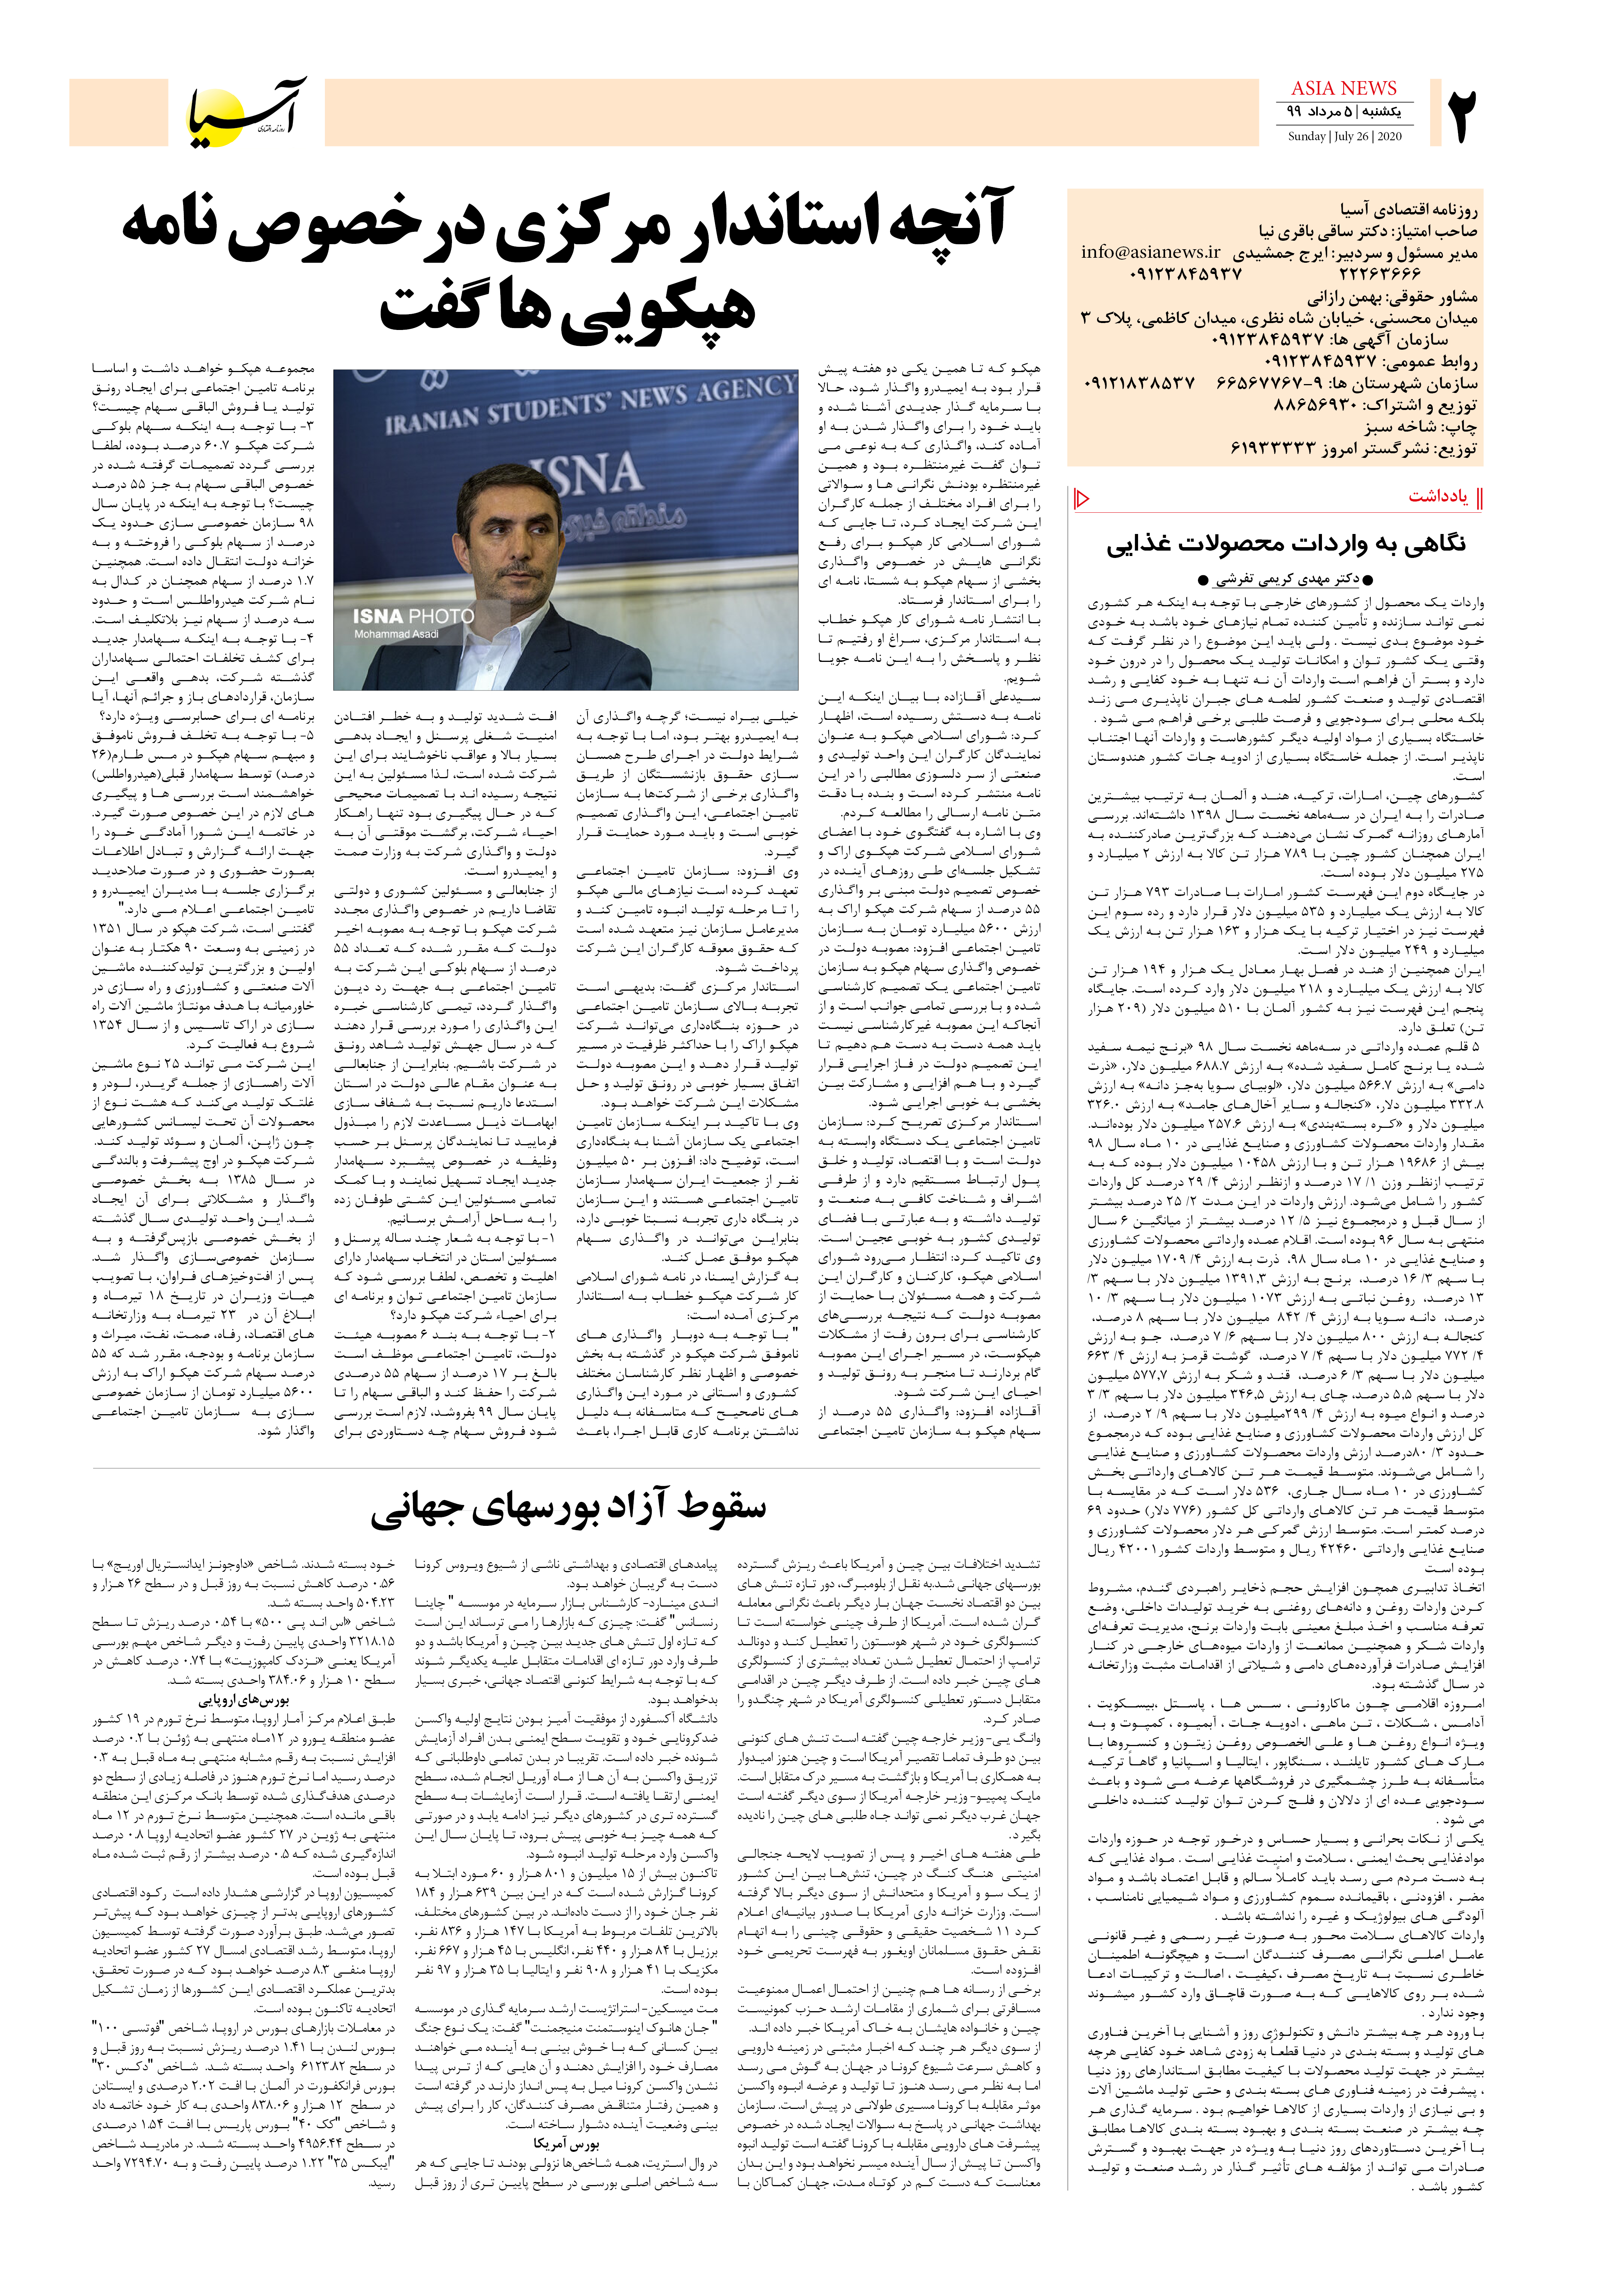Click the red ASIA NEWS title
1344,88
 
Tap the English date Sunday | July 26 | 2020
1344,136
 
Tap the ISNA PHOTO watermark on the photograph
413,616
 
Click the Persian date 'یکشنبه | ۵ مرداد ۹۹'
1344,111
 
